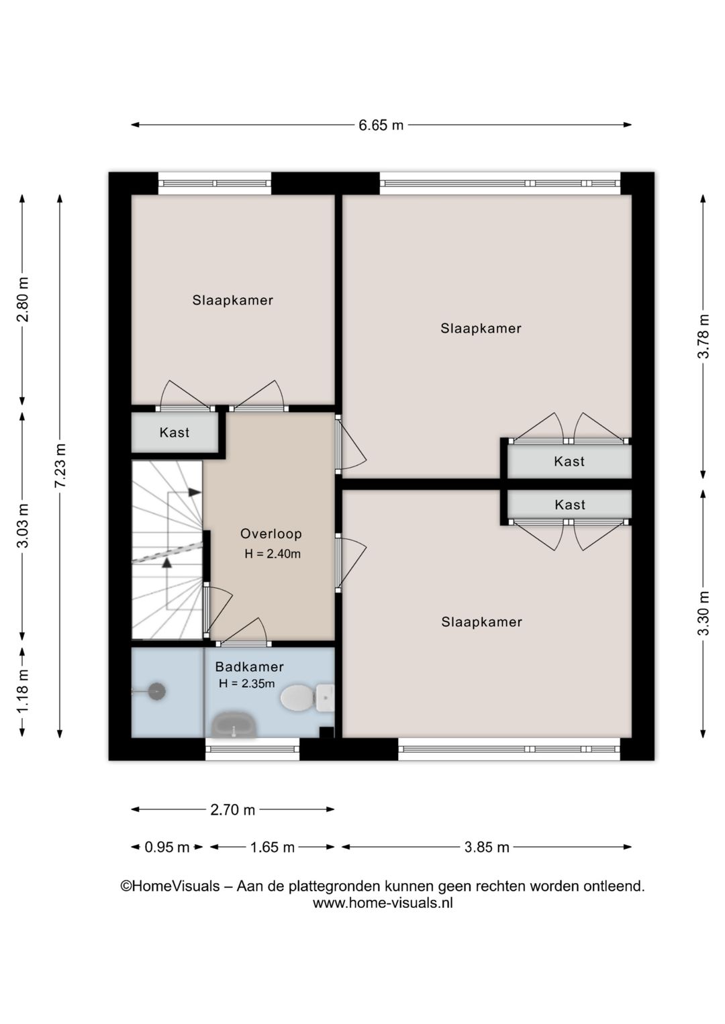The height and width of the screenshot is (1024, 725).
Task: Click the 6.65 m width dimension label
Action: [x=381, y=125]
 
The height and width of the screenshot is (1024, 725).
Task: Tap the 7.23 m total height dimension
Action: [x=60, y=466]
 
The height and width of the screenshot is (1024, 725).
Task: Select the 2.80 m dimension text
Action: [x=22, y=299]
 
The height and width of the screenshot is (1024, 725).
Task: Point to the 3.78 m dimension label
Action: [x=704, y=336]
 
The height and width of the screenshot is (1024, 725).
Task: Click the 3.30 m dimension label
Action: [x=704, y=613]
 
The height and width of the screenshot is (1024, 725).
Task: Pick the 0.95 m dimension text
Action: [x=167, y=847]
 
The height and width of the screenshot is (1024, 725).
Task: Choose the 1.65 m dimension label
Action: [x=272, y=847]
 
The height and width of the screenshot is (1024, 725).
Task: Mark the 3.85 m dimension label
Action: [x=487, y=847]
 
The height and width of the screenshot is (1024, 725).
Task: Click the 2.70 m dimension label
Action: [x=232, y=809]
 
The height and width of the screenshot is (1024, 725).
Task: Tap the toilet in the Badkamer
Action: [x=307, y=698]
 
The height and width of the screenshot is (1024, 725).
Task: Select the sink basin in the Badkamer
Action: [x=234, y=724]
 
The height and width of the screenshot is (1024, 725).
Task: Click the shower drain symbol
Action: [x=156, y=692]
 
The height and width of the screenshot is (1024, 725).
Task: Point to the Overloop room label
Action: [x=271, y=533]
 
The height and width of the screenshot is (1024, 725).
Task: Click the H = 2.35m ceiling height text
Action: [x=246, y=683]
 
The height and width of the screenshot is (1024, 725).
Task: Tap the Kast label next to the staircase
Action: [x=175, y=432]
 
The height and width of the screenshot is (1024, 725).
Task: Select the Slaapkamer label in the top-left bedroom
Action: [x=232, y=301]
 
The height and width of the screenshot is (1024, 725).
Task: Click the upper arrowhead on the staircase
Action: [x=195, y=492]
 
